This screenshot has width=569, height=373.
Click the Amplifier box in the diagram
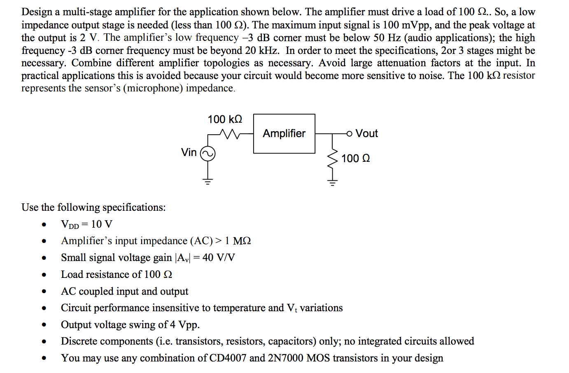(284, 133)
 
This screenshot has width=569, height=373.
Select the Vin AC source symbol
(208, 154)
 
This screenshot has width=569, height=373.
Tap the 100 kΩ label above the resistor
(225, 119)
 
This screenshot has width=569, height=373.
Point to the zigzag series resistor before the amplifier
(230, 133)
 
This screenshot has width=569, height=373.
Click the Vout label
(366, 133)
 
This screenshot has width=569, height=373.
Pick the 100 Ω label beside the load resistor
(355, 159)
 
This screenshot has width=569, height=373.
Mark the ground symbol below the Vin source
(208, 180)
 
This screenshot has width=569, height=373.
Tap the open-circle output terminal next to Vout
(349, 133)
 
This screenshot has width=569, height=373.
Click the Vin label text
(189, 152)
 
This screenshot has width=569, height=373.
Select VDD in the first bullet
(70, 224)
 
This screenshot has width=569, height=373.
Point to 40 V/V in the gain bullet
(219, 258)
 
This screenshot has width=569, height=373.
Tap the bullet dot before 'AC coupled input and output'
(44, 291)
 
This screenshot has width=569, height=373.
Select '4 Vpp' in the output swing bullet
(185, 325)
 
